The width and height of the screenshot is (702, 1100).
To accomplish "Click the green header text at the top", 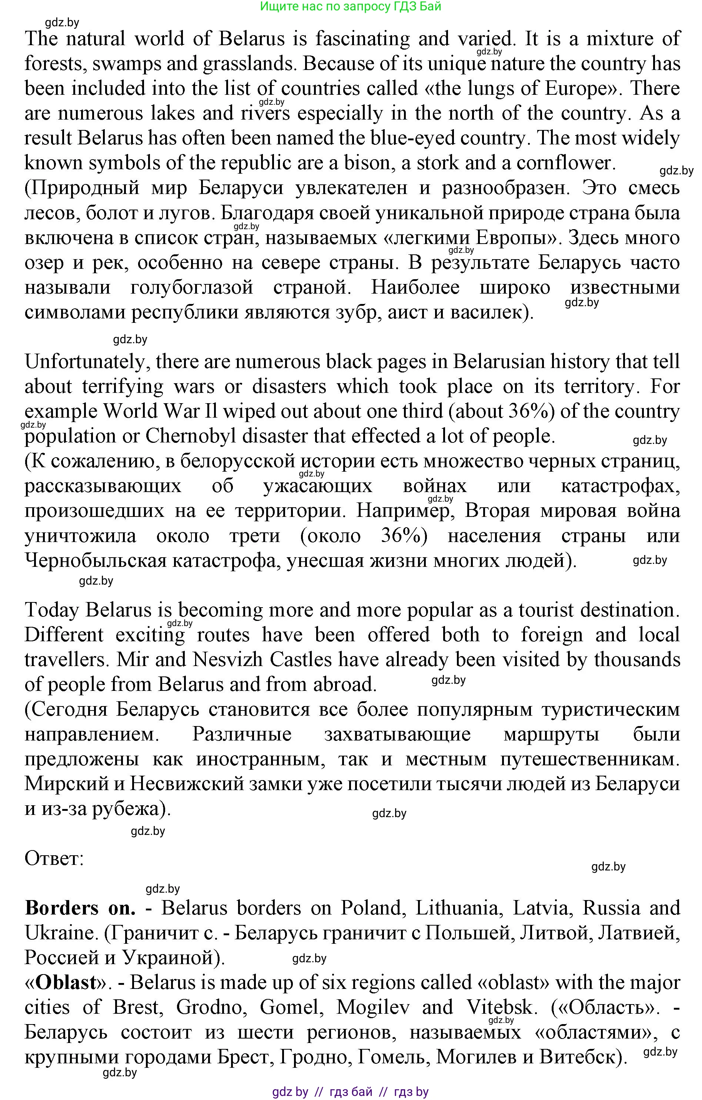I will pyautogui.click(x=350, y=6).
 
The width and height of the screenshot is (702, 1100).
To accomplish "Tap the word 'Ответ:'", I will pyautogui.click(x=54, y=858).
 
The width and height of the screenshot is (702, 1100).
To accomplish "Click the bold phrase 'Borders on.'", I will pyautogui.click(x=80, y=908).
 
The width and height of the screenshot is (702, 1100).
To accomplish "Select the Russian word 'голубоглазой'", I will pyautogui.click(x=191, y=287).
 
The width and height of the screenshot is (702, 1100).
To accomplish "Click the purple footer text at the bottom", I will pyautogui.click(x=350, y=1092).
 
